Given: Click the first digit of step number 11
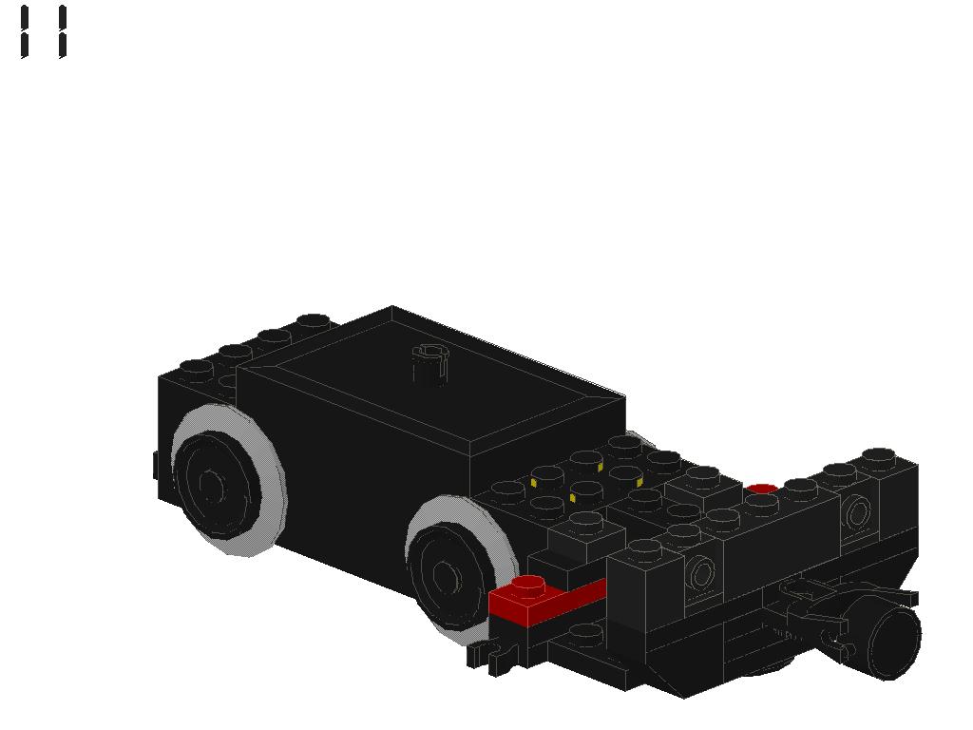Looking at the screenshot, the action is coord(24,32).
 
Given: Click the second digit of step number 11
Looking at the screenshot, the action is coord(62,32).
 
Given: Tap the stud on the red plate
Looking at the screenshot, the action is coord(527,585).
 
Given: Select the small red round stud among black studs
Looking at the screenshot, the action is coord(761,490).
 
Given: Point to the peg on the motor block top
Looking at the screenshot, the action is coord(429,364).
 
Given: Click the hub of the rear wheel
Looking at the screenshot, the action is coord(210,484).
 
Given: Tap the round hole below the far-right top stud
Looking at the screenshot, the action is coord(857,512).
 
